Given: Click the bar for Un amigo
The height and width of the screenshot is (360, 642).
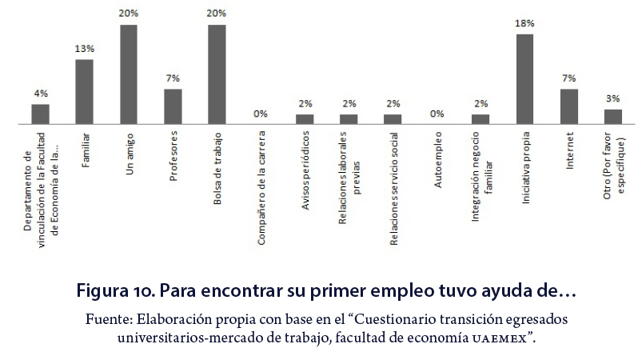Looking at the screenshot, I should pos(129,74).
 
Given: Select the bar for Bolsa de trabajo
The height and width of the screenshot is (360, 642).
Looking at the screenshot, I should pos(217,74).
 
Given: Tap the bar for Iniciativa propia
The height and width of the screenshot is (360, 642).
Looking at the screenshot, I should pos(524,79).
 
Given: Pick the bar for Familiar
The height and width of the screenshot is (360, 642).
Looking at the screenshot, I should pos(85,92).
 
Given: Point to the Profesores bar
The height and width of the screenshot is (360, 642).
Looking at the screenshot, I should pos(173,106).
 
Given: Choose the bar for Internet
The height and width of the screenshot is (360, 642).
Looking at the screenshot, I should pos(568,106).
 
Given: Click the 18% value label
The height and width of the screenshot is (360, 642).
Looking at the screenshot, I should pos(524,24).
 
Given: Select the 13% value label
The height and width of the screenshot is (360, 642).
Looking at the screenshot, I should pos(85,50).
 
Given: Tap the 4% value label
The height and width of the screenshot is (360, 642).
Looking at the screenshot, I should pos(40,94).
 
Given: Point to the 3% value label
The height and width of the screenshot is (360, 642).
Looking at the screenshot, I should pos(612,98).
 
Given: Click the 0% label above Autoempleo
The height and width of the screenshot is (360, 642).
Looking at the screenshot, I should pos(437,114).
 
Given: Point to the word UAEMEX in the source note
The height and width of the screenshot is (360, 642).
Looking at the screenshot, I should pos(501,338).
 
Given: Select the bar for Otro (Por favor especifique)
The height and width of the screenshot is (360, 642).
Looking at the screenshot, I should pos(612,117).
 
